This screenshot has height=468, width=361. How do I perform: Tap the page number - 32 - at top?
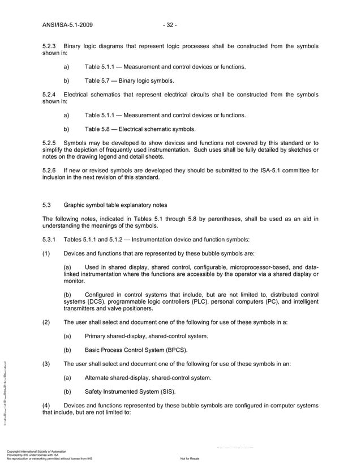click(x=169, y=25)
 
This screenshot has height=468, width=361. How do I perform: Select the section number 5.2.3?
click(x=50, y=45)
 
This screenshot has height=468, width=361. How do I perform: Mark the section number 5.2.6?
click(x=50, y=170)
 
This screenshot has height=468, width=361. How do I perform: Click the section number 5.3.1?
click(x=50, y=240)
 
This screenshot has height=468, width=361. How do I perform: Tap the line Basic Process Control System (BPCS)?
click(x=136, y=350)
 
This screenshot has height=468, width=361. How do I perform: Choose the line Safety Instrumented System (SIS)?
click(x=130, y=392)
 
